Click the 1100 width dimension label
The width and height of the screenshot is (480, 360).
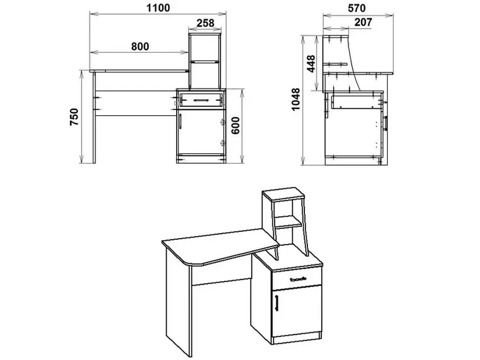(158, 7)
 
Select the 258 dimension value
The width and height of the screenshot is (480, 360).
(205, 23)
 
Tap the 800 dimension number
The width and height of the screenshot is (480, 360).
(140, 46)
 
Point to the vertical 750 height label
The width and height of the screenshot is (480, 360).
(75, 117)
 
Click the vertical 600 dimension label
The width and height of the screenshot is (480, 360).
(235, 126)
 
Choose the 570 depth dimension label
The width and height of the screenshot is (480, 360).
(357, 7)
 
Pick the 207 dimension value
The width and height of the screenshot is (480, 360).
(363, 22)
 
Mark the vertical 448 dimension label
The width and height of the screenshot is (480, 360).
(311, 64)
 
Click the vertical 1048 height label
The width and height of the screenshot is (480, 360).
(296, 99)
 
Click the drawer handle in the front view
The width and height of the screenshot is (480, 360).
(200, 100)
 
